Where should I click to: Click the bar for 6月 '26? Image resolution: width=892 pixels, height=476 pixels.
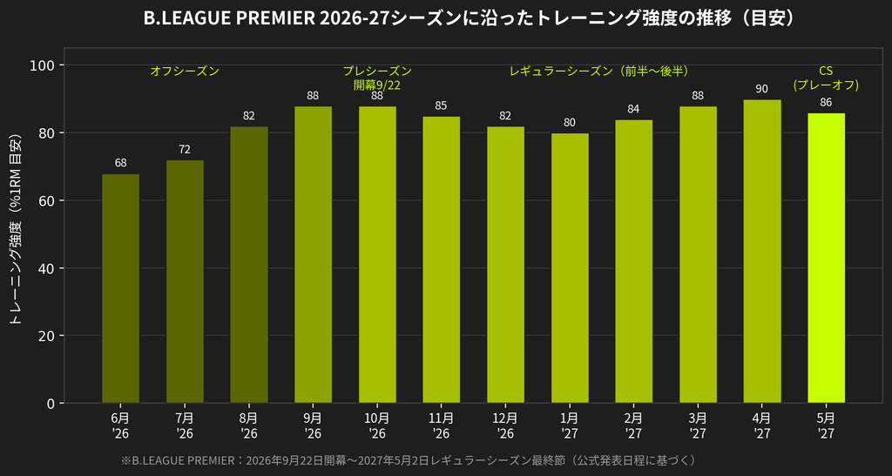click(120, 289)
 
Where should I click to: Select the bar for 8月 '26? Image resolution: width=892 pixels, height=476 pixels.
click(249, 265)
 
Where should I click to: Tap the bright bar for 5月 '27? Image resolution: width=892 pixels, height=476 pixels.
click(826, 258)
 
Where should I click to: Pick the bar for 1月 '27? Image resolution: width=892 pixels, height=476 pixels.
click(570, 269)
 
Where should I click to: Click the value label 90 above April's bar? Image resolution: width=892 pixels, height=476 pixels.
click(761, 89)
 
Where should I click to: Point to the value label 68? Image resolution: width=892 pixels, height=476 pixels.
click(120, 163)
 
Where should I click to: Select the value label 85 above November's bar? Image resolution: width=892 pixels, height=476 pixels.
click(442, 105)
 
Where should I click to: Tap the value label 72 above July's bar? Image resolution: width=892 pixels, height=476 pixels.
click(185, 150)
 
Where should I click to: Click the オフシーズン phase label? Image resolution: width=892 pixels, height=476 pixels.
click(185, 71)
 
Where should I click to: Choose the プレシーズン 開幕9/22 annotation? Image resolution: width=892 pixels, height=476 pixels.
click(377, 78)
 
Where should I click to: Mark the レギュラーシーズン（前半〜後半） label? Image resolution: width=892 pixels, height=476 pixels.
click(600, 71)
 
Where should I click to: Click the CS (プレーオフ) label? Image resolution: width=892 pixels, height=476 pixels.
click(826, 78)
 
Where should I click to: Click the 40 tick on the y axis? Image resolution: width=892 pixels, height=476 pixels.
click(50, 269)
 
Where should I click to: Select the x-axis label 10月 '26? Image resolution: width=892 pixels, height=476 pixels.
click(377, 426)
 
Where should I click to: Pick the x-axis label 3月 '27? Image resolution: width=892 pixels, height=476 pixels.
click(698, 426)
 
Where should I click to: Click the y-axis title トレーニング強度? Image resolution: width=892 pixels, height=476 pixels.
click(17, 230)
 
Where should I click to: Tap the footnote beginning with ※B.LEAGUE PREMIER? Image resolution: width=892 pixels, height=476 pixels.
click(409, 460)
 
